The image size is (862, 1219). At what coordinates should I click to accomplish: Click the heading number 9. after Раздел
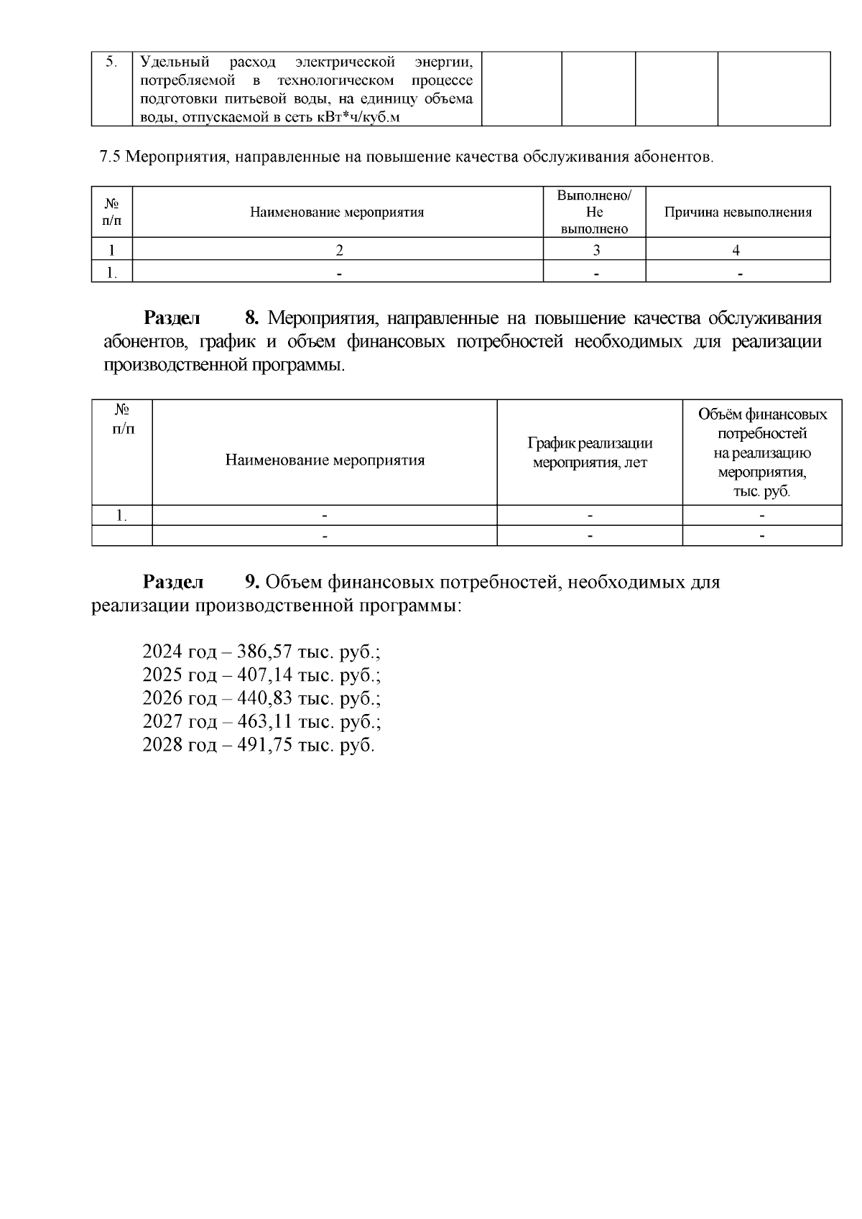pyautogui.click(x=252, y=581)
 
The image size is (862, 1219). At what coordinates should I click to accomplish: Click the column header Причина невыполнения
pyautogui.click(x=738, y=212)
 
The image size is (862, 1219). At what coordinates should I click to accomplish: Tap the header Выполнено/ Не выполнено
pyautogui.click(x=594, y=212)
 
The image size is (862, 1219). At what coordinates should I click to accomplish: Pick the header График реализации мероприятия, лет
pyautogui.click(x=590, y=453)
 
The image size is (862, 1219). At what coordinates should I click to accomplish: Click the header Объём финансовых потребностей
pyautogui.click(x=762, y=424)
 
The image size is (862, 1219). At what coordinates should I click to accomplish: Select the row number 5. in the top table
pyautogui.click(x=111, y=62)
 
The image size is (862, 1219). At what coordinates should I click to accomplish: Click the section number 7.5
pyautogui.click(x=110, y=157)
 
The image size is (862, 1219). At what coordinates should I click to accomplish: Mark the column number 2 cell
pyautogui.click(x=339, y=250)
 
